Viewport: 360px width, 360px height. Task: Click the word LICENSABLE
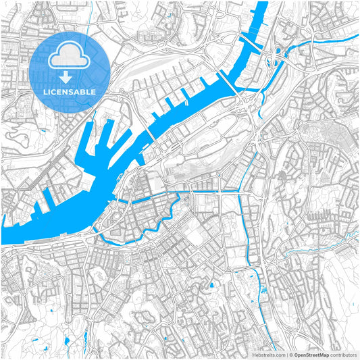coord(70,91)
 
